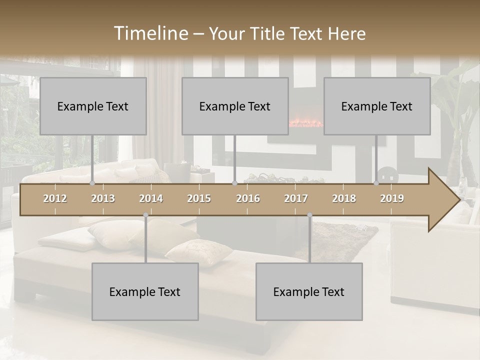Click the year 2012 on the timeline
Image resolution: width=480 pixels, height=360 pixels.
pos(55,198)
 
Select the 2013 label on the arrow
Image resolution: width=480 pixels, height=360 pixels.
pos(103,198)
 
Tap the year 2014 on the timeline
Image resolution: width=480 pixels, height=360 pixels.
pos(151,198)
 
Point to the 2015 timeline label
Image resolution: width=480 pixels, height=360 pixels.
pos(199,198)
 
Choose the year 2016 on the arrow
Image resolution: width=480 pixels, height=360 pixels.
pos(248,198)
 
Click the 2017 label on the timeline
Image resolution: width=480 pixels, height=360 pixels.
pos(296,198)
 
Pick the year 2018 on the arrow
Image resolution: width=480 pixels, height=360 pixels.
pos(344,198)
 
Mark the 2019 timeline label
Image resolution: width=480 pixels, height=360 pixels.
pos(392,198)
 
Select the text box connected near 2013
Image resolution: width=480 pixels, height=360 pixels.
pos(93,106)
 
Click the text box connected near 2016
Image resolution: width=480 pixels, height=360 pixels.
pos(235,106)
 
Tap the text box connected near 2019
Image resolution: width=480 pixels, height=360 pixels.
pos(377,106)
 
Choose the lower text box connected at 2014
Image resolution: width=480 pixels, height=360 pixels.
pos(145,291)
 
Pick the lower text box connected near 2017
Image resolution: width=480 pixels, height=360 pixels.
pos(309,291)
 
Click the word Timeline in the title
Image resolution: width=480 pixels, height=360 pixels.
pos(150,33)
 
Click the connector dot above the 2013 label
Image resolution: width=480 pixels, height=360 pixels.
pos(92,183)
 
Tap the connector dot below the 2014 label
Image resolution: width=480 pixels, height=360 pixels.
pos(145,215)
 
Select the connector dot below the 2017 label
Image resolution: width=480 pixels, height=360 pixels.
pos(309,215)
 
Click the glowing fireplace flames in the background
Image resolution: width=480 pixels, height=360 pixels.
pos(306,122)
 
